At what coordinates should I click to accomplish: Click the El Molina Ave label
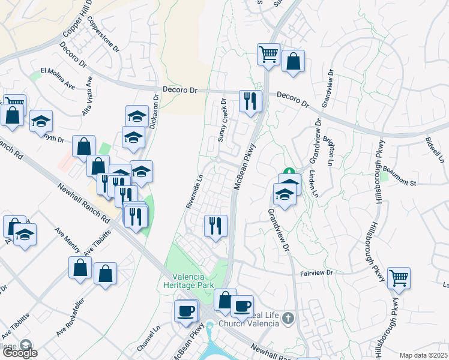(58, 79)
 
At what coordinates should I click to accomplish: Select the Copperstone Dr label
(100, 34)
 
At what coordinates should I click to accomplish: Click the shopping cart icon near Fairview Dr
(399, 278)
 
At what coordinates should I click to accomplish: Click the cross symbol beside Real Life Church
(288, 317)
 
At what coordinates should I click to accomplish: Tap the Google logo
(19, 352)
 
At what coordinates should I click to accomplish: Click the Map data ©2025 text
(423, 355)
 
